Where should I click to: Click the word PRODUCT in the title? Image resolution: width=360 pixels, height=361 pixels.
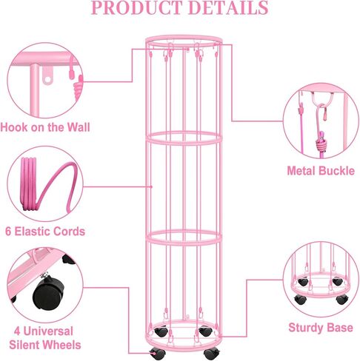(x=137, y=7)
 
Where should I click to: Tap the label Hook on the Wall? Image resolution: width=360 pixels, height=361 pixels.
(x=45, y=127)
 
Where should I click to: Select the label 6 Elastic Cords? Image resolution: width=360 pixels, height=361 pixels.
(x=45, y=232)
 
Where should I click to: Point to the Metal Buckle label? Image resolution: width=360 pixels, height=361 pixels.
(x=321, y=171)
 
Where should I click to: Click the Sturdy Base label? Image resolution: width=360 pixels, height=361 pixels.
(x=321, y=328)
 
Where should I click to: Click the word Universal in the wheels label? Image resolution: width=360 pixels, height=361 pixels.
(x=48, y=331)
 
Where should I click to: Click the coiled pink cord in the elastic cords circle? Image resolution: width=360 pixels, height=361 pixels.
(x=29, y=184)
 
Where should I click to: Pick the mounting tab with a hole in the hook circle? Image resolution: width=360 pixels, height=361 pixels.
(x=47, y=75)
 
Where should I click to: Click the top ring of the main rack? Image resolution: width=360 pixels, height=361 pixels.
(x=184, y=40)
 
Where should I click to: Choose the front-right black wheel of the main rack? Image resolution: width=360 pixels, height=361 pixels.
(x=212, y=354)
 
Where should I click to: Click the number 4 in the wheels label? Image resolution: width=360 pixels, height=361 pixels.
(x=17, y=331)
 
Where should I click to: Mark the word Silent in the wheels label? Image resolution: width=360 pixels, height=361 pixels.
(x=26, y=345)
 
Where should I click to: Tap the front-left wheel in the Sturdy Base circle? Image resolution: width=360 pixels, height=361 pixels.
(x=301, y=299)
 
